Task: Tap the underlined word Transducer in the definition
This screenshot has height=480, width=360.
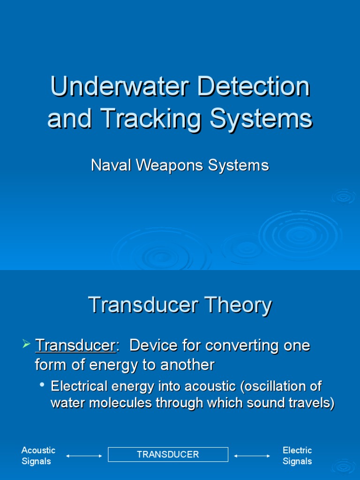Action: [x=75, y=346]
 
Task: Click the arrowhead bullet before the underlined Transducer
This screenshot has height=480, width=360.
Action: [x=26, y=345]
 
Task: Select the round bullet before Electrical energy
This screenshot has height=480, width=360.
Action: [x=43, y=385]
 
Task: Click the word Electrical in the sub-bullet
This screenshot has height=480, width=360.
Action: [x=77, y=386]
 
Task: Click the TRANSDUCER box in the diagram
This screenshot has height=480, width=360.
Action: [x=168, y=454]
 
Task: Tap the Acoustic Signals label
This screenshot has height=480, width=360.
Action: [x=38, y=456]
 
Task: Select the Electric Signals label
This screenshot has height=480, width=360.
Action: [x=297, y=456]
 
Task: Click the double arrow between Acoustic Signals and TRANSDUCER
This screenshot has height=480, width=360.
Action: [x=84, y=456]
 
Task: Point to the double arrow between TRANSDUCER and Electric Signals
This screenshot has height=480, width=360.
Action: [x=252, y=456]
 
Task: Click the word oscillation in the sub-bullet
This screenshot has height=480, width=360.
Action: [x=278, y=386]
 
